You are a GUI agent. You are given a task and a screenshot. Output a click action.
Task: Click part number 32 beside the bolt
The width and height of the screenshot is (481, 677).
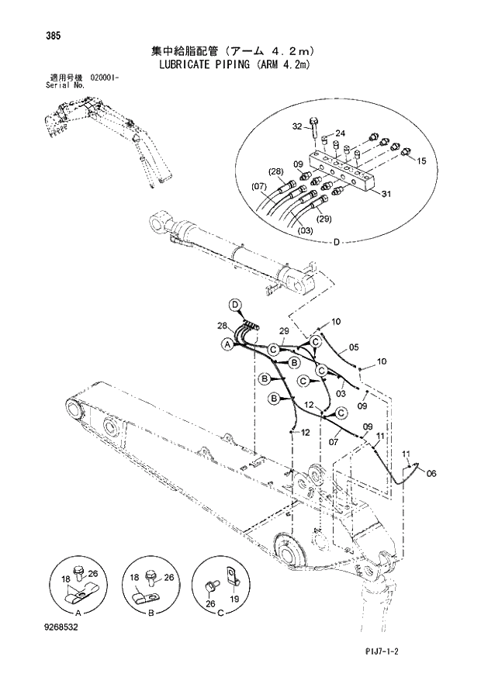pyautogui.click(x=297, y=126)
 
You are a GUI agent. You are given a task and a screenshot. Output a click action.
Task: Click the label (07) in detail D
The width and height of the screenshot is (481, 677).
pyautogui.click(x=259, y=186)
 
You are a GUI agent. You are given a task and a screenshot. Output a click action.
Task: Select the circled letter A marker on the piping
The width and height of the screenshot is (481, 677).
pyautogui.click(x=227, y=344)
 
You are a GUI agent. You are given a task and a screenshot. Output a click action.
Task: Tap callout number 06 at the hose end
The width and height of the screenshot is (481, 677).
pyautogui.click(x=432, y=473)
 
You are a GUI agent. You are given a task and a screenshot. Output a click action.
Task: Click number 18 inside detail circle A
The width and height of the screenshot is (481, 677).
pyautogui.click(x=66, y=579)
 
